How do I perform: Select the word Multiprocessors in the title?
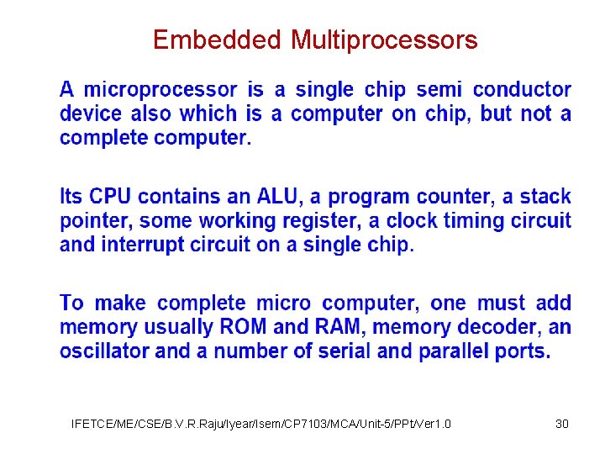(x=384, y=40)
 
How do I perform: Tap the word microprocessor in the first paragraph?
(x=160, y=90)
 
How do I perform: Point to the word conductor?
(x=522, y=90)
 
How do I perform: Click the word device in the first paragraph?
(x=90, y=114)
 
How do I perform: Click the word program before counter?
(x=373, y=197)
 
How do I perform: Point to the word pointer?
(x=96, y=221)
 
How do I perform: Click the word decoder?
(x=502, y=327)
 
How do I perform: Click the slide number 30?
(x=562, y=424)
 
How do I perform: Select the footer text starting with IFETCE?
(x=261, y=424)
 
